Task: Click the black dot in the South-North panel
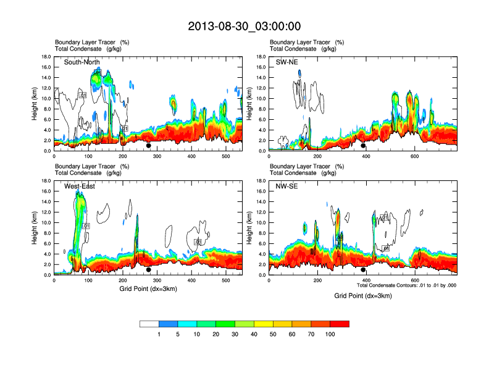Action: (148, 146)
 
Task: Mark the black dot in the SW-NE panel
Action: (363, 146)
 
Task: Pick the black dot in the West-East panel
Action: (148, 270)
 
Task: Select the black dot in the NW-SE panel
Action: (363, 270)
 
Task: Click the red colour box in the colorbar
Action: (340, 324)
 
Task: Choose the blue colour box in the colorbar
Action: (169, 324)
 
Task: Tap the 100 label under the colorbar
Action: (330, 334)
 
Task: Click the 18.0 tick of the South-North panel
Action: (45, 56)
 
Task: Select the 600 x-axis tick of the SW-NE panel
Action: (412, 157)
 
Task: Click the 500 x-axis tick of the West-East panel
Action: (225, 281)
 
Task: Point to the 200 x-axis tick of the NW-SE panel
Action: (317, 281)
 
